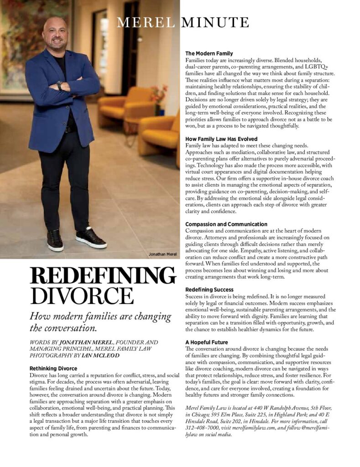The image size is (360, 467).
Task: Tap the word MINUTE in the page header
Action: pos(215,22)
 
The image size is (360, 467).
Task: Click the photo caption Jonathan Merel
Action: pos(162,254)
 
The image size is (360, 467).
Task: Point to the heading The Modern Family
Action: pos(209,54)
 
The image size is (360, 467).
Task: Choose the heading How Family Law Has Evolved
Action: pos(221,139)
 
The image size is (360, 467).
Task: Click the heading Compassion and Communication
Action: pos(226,224)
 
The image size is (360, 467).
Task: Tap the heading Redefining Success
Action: pos(209,290)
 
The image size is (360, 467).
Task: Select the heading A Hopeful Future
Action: pos(207,342)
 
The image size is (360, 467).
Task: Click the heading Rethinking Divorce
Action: pos(53,368)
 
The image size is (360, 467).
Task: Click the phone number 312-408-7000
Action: pos(201,428)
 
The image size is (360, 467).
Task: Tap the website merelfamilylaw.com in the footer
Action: pos(251,428)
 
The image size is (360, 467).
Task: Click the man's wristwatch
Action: pos(59,85)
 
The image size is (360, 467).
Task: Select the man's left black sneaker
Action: pos(91,237)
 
